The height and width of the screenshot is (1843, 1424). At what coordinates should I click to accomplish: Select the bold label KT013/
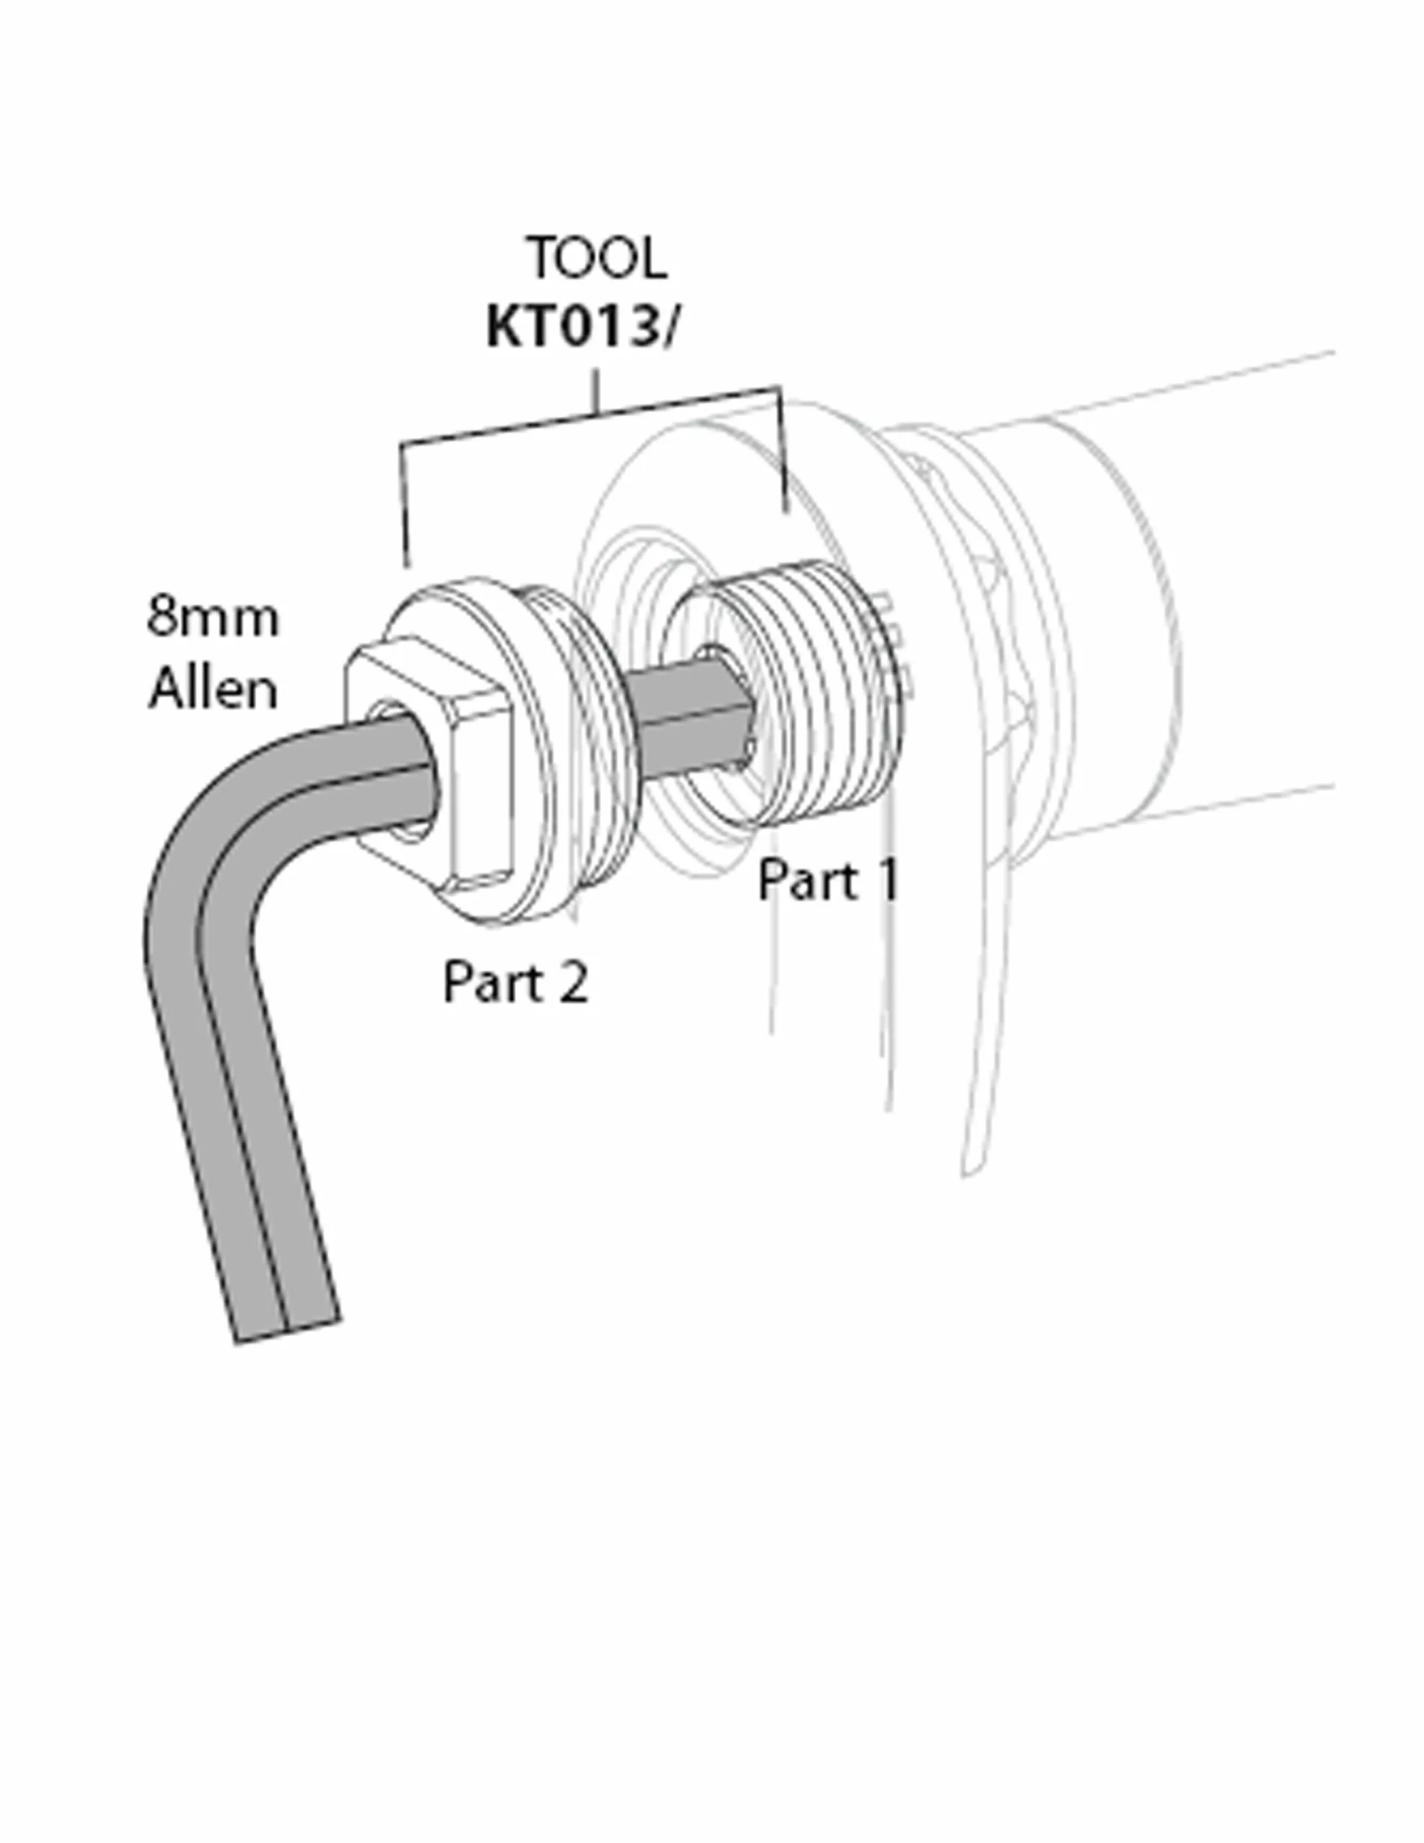point(581,328)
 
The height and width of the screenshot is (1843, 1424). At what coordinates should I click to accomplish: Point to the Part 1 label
point(828,880)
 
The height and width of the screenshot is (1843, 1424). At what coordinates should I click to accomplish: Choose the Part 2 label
point(515,982)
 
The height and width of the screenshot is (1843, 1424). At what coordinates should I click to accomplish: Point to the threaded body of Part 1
point(811,700)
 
